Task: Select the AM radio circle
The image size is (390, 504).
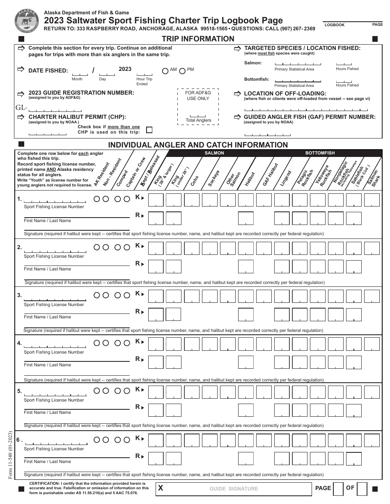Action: click(x=165, y=70)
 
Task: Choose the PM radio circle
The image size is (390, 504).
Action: click(x=182, y=70)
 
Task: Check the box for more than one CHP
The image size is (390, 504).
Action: click(x=149, y=130)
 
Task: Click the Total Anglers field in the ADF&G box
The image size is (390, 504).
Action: click(x=198, y=116)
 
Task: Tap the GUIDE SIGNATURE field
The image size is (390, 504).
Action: click(x=234, y=488)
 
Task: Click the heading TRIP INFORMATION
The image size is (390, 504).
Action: click(x=198, y=39)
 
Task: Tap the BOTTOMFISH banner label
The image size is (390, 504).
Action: click(x=320, y=153)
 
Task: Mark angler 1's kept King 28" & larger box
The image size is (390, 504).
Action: click(x=156, y=200)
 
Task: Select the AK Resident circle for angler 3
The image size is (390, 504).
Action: click(x=97, y=295)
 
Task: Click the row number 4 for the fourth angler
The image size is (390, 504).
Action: click(x=19, y=343)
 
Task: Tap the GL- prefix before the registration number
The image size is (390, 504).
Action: click(x=21, y=108)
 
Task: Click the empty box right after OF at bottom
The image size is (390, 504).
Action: click(x=362, y=489)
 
